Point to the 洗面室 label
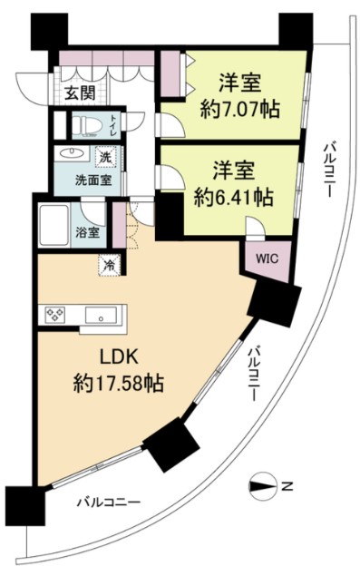click(x=92, y=180)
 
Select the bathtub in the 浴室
click(x=54, y=221)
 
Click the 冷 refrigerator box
click(x=107, y=267)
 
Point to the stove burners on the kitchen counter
click(x=54, y=316)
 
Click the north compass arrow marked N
click(x=265, y=486)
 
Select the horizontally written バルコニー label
click(x=108, y=502)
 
